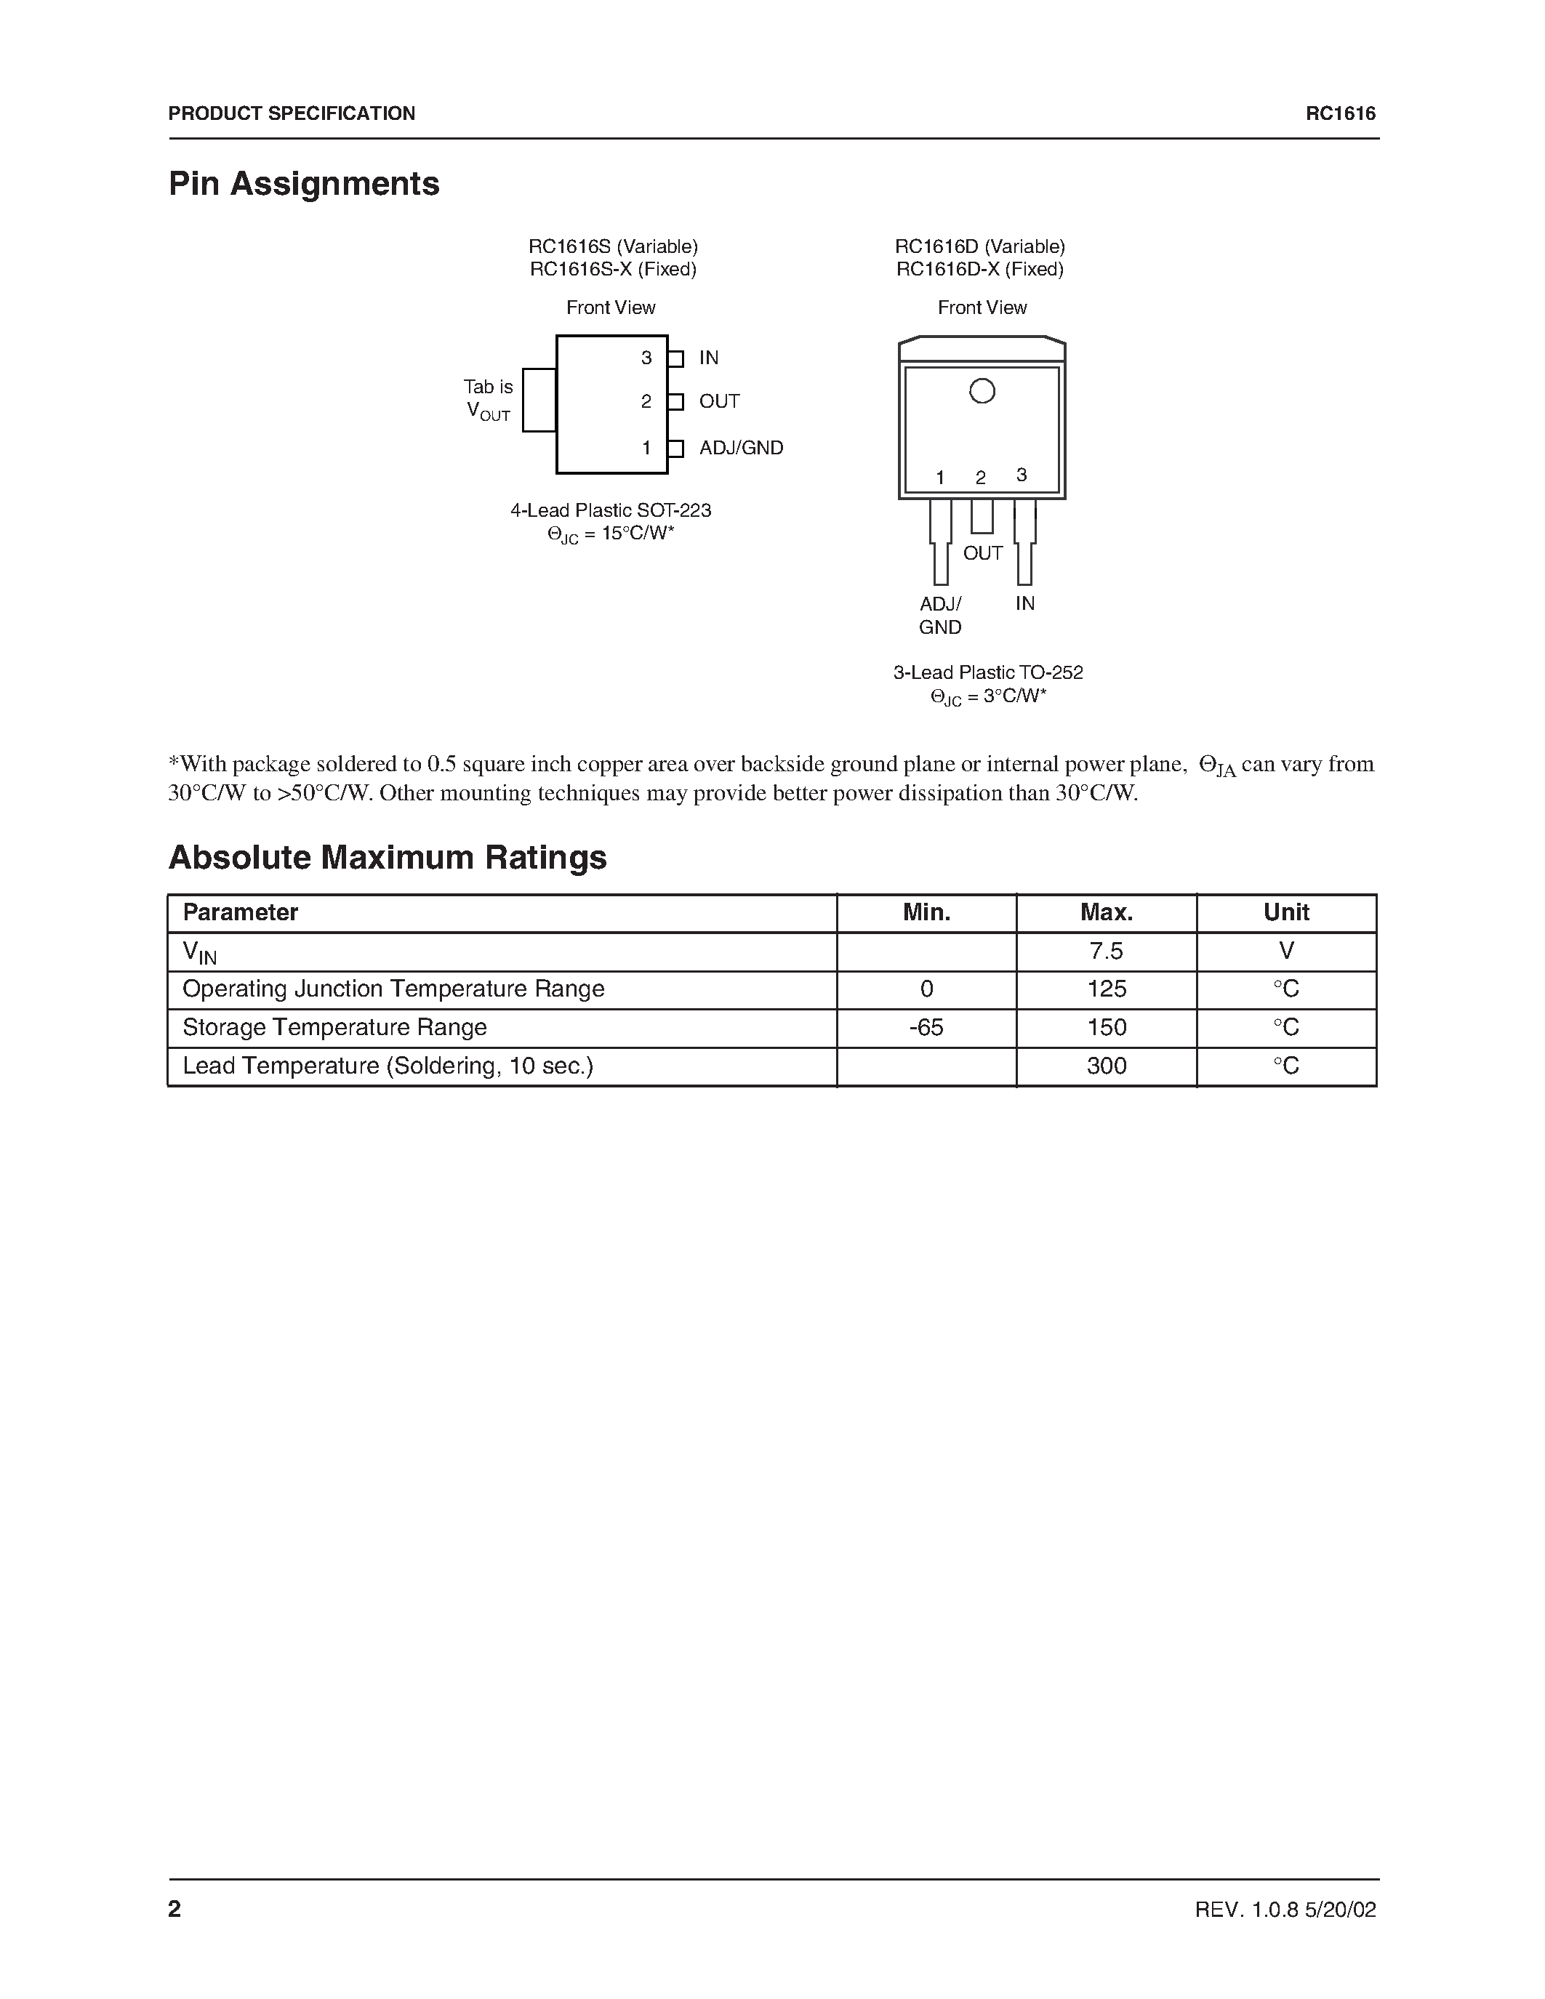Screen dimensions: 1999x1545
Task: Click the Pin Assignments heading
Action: [304, 184]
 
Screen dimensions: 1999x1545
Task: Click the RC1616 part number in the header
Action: [1340, 113]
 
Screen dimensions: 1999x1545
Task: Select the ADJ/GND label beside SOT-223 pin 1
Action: [740, 449]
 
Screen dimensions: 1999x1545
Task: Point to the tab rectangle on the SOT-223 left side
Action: [539, 400]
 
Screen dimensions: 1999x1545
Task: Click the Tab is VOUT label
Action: [488, 400]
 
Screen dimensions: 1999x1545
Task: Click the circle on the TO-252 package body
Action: [982, 392]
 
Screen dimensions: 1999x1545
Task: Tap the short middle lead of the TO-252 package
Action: [982, 516]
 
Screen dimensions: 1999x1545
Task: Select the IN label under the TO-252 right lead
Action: [1024, 603]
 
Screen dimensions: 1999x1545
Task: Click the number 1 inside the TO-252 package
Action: [940, 478]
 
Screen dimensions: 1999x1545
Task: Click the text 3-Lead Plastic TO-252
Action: [987, 672]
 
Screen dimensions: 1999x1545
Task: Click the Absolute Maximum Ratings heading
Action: [388, 858]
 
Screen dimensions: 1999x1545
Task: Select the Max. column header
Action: [1106, 912]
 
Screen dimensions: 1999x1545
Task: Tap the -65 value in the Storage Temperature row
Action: [926, 1028]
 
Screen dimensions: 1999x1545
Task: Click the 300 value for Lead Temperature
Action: [1106, 1066]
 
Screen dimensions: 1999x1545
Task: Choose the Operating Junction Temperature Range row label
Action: [393, 989]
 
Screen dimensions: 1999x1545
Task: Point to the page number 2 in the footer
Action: [174, 1908]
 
